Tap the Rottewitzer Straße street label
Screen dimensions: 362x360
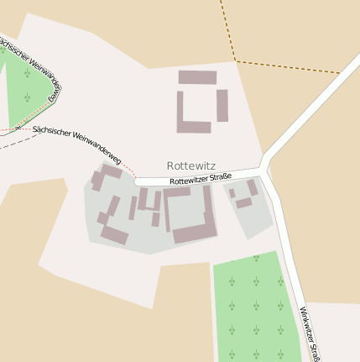point(200,179)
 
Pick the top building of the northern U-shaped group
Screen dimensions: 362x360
point(197,77)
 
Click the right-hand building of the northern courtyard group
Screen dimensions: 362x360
point(222,106)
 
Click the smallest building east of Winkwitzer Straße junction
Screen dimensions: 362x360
point(232,193)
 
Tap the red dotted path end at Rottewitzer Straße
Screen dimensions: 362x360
point(134,178)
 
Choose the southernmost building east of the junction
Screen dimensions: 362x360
point(244,202)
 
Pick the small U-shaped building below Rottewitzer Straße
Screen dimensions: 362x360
point(149,202)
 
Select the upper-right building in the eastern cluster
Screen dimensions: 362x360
point(252,186)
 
